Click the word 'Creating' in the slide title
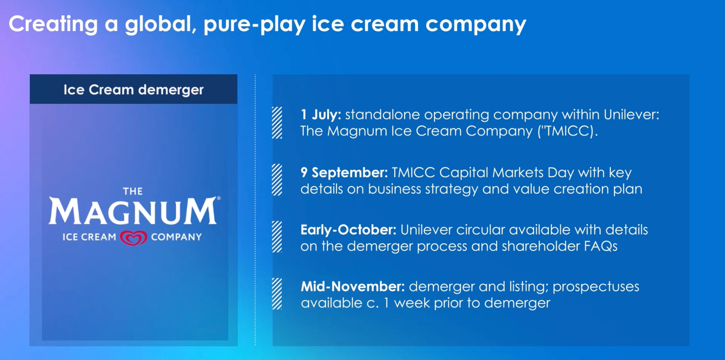coord(53,24)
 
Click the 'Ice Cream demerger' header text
coord(134,90)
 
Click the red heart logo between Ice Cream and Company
coord(134,238)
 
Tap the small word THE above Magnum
coord(133,191)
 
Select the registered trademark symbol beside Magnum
coord(219,198)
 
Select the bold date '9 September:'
coord(344,173)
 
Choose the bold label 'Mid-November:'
coord(353,287)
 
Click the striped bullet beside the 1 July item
coord(277,123)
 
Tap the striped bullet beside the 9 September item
coord(277,180)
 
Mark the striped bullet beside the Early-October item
coord(277,237)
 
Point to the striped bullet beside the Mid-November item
coord(277,294)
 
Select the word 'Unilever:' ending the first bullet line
coord(632,115)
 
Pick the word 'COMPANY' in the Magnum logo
coord(176,237)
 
